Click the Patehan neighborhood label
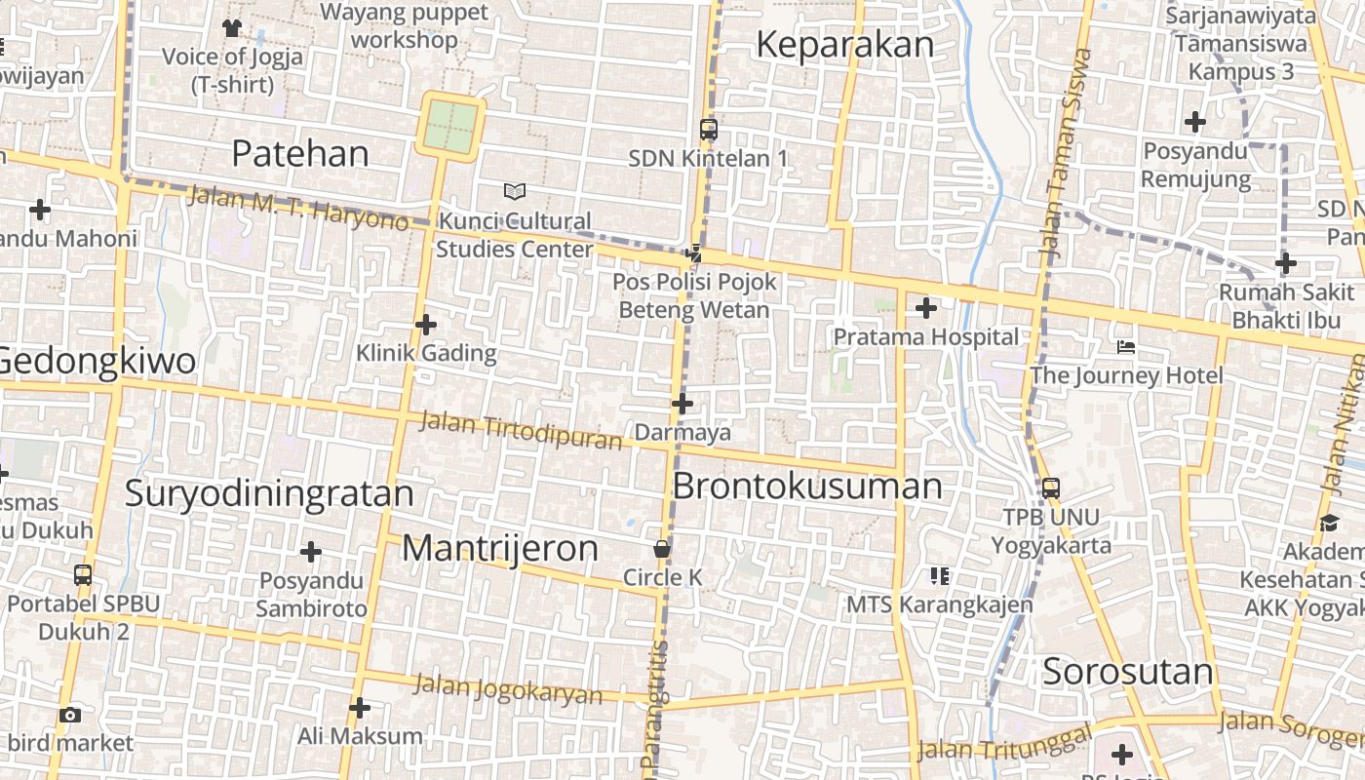[300, 153]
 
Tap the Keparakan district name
[844, 44]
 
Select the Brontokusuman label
[807, 486]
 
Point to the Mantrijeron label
[500, 548]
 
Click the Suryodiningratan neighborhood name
[269, 493]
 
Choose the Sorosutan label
[1128, 671]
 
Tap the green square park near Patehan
[450, 126]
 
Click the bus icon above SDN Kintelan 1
[709, 129]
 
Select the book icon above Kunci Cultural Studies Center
[514, 191]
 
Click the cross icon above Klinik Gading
[426, 324]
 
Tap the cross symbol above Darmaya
[682, 403]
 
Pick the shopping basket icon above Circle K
[662, 549]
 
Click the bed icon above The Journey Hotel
[1126, 346]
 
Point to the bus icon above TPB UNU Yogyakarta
[1050, 487]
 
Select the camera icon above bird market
[69, 715]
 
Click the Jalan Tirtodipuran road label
[520, 431]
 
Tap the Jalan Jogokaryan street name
[507, 688]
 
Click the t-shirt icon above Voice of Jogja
[232, 27]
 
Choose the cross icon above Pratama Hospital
[925, 308]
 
